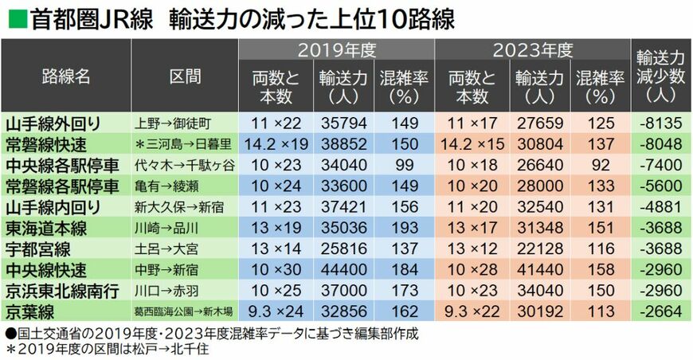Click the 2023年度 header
(532, 51)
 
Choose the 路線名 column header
(66, 77)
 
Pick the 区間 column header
(185, 77)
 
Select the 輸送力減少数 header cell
(660, 77)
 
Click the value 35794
(342, 123)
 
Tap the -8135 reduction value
(660, 123)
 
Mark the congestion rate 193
(405, 228)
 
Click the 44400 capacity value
(342, 269)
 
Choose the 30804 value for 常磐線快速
(539, 144)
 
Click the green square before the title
(16, 17)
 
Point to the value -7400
(660, 165)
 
